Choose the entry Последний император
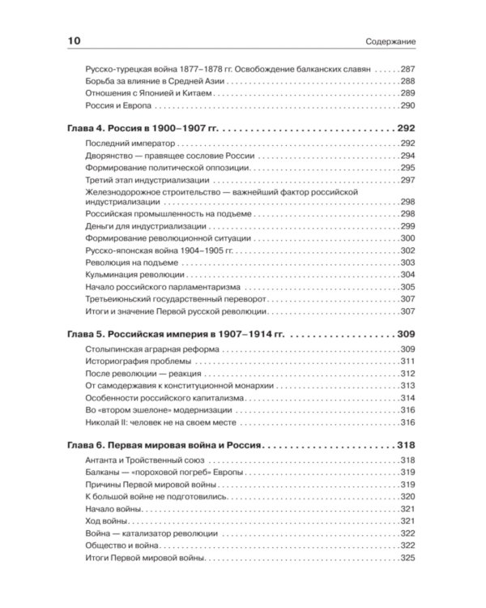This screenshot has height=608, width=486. click(x=122, y=143)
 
